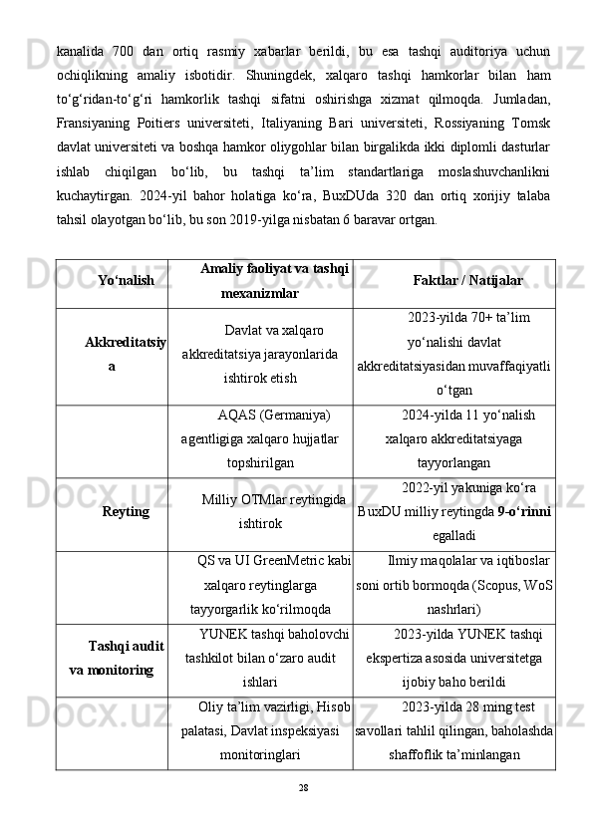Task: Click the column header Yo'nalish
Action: (127, 282)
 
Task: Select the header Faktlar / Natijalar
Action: (467, 282)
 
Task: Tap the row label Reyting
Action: (126, 511)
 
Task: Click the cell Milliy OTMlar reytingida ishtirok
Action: (260, 510)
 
